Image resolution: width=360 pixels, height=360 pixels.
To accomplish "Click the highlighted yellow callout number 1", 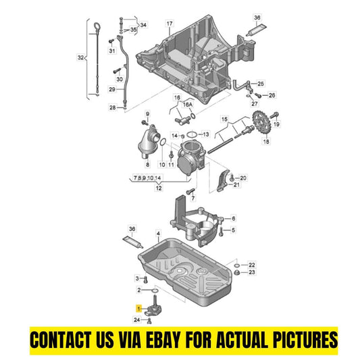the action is pyautogui.click(x=138, y=309).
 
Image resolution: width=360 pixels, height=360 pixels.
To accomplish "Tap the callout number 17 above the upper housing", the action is pyautogui.click(x=170, y=24).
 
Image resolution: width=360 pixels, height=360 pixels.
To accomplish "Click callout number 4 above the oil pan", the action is pyautogui.click(x=158, y=234).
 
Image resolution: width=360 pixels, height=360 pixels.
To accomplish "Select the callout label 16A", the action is pyautogui.click(x=187, y=105).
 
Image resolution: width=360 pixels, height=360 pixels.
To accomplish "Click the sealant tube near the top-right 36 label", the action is pyautogui.click(x=256, y=30).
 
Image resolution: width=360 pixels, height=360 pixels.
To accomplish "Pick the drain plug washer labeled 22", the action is pyautogui.click(x=237, y=265).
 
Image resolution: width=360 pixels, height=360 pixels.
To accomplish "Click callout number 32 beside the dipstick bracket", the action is pyautogui.click(x=80, y=57).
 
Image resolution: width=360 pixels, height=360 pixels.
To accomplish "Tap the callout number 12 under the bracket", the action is pyautogui.click(x=159, y=188).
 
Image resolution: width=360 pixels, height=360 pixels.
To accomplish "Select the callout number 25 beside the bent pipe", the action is pyautogui.click(x=260, y=84).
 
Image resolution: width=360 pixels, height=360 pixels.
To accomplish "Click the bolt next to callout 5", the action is pyautogui.click(x=221, y=231).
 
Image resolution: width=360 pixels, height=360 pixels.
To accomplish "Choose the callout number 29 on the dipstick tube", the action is pyautogui.click(x=112, y=89).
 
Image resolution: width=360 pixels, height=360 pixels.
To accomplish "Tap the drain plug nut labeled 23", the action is pyautogui.click(x=237, y=272).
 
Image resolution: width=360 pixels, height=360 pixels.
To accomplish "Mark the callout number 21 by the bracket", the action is pyautogui.click(x=236, y=184).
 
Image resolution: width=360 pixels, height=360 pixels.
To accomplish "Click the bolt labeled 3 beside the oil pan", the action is pyautogui.click(x=145, y=280).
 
